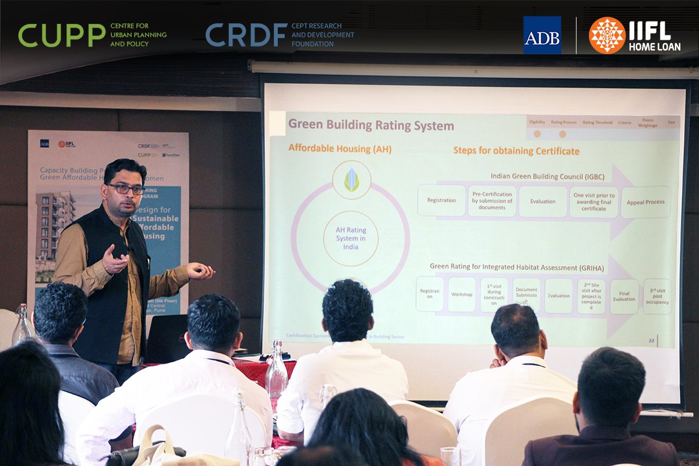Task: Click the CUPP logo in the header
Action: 62,35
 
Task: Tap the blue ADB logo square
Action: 542,35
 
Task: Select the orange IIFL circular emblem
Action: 607,35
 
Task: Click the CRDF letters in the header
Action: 246,35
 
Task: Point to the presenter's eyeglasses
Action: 126,188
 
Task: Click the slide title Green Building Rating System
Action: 371,125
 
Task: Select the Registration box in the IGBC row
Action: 442,201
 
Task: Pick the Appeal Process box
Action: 645,202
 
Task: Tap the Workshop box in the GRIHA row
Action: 462,294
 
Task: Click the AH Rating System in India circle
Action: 351,239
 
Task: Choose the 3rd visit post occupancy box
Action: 657,296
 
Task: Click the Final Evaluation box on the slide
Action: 624,296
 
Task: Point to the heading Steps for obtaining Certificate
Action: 516,151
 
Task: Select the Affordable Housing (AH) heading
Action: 340,149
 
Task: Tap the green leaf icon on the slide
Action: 351,180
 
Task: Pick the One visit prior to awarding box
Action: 594,202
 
